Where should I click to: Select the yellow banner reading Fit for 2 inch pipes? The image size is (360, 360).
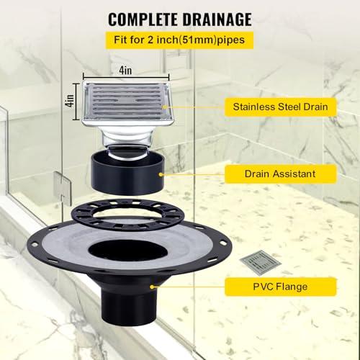(x=180, y=39)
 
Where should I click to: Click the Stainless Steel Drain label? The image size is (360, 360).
(x=280, y=107)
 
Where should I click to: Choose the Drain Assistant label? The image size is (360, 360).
(x=279, y=173)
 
